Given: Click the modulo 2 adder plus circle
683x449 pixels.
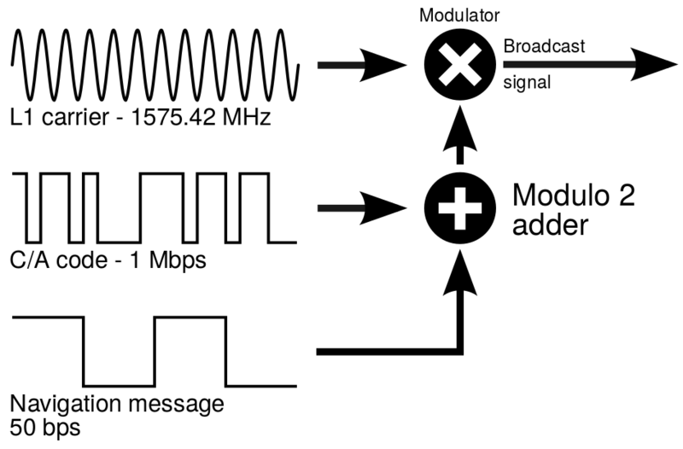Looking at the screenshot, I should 460,208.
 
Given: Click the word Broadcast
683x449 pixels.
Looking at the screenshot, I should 545,47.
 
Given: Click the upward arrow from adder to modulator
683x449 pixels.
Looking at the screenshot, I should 460,142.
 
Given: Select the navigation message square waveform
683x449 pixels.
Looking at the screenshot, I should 155,351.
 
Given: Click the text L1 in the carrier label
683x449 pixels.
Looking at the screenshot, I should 20,117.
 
